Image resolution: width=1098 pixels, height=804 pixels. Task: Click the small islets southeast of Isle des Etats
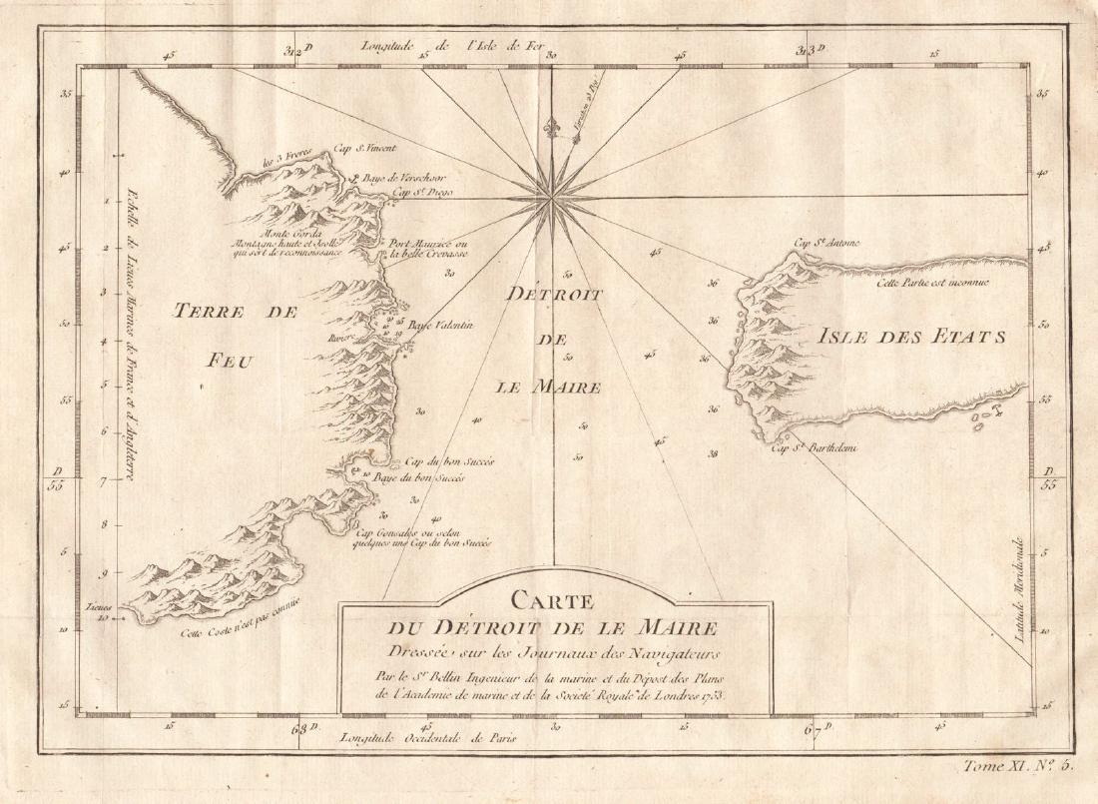(x=988, y=417)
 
